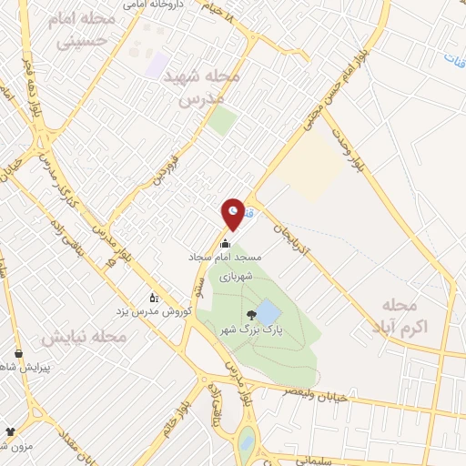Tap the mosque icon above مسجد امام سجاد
(x=225, y=244)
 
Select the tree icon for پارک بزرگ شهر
(x=252, y=315)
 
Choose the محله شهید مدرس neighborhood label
(x=200, y=88)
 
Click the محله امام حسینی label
(x=86, y=30)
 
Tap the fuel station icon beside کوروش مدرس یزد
(x=154, y=297)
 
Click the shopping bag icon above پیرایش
(x=17, y=353)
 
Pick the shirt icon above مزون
(x=10, y=431)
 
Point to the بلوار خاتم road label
(x=187, y=419)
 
